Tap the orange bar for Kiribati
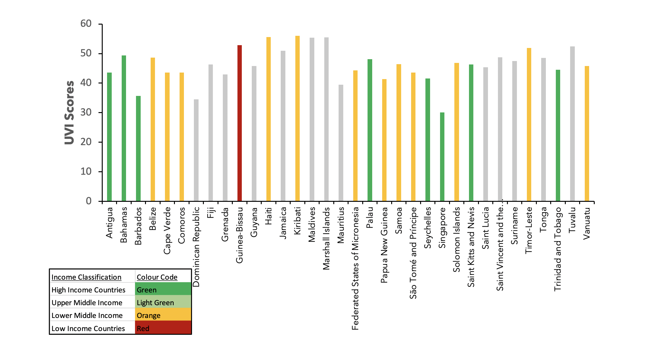click(297, 118)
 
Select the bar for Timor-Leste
click(529, 124)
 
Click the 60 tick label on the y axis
click(86, 24)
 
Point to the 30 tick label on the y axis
click(86, 112)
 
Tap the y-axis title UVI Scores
click(70, 112)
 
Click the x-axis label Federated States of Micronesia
click(355, 268)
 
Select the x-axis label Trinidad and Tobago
click(558, 249)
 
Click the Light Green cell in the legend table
click(163, 303)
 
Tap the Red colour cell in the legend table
click(163, 328)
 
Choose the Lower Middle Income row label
click(87, 315)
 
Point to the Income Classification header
click(87, 277)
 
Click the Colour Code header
click(157, 277)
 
